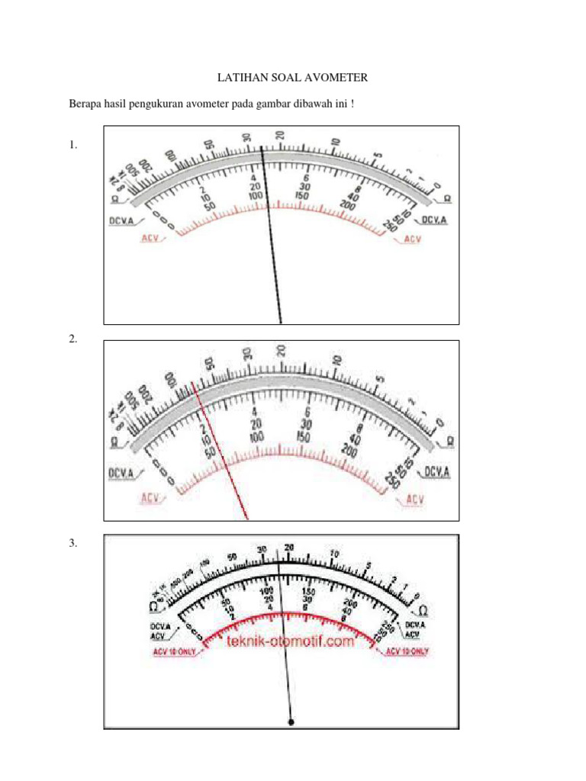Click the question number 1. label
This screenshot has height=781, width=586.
(73, 144)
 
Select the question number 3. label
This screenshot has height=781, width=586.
(73, 543)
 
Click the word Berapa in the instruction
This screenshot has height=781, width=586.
(87, 103)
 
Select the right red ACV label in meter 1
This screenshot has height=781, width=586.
(413, 239)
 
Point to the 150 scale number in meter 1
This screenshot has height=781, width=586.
(304, 195)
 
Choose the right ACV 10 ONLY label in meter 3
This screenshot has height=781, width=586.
(407, 651)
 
